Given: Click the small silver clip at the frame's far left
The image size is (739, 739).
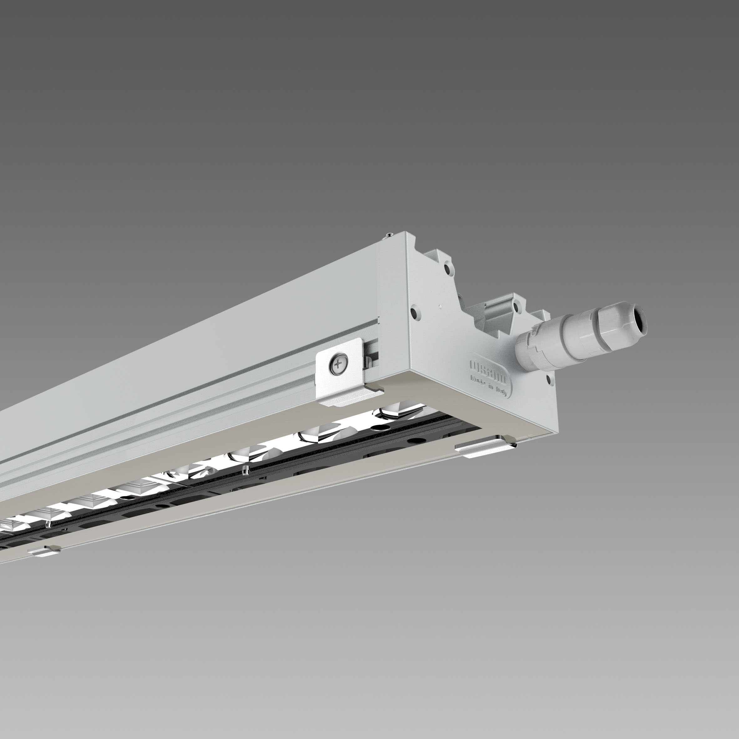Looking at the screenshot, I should coord(45,551).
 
